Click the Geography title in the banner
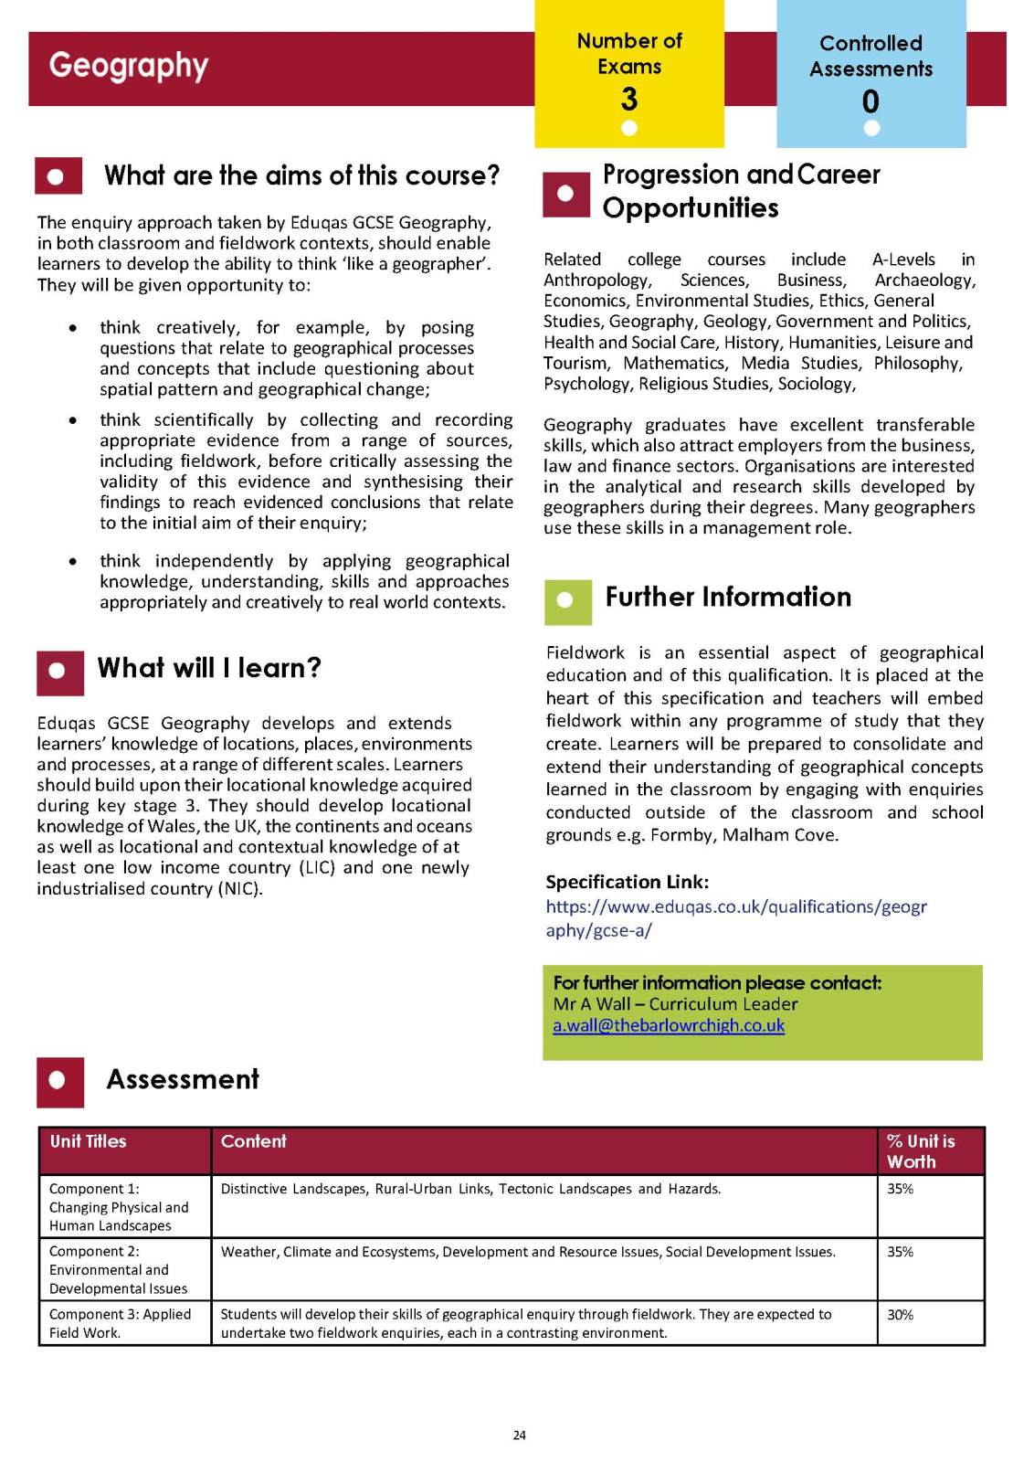[x=129, y=66]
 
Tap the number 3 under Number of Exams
[x=629, y=99]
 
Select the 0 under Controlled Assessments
[x=870, y=101]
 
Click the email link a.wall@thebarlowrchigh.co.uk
[x=669, y=1025]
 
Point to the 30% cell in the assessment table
[x=901, y=1315]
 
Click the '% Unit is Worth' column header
[x=921, y=1151]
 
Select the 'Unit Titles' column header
[x=88, y=1141]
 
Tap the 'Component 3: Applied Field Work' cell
[x=121, y=1323]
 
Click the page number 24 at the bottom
[x=519, y=1436]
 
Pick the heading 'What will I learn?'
[x=209, y=668]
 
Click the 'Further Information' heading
[x=728, y=597]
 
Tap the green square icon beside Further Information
[x=566, y=600]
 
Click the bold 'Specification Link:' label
[x=628, y=882]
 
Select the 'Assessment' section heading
[x=183, y=1079]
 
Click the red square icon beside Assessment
[x=59, y=1082]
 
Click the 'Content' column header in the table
[x=254, y=1141]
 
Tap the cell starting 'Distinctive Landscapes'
[x=470, y=1189]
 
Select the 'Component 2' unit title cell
[x=119, y=1269]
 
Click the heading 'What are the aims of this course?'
[x=301, y=175]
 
